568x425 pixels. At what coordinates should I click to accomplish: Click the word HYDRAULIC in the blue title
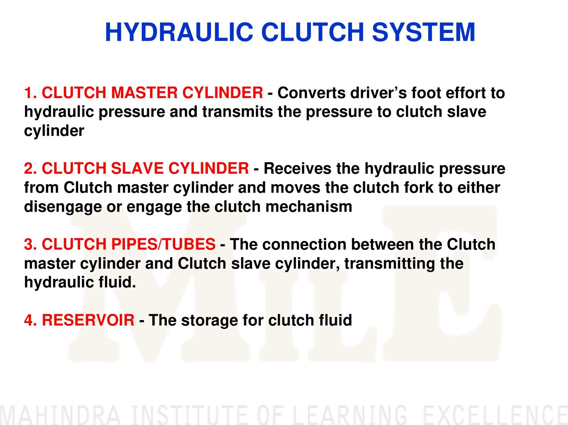(x=179, y=32)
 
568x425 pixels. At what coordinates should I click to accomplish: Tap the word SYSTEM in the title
(x=424, y=32)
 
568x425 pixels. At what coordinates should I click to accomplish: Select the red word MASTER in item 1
(x=144, y=93)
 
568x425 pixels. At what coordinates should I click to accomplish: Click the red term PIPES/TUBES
(x=163, y=244)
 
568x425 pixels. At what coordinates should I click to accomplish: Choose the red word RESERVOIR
(x=88, y=320)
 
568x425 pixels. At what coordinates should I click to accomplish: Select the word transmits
(x=237, y=112)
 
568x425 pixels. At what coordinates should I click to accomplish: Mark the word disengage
(x=63, y=207)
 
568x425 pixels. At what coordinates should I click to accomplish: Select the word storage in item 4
(x=209, y=320)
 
